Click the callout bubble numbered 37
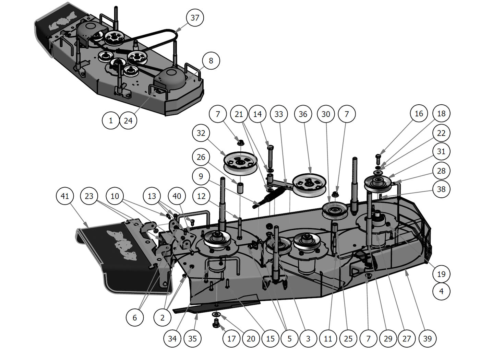pyautogui.click(x=195, y=18)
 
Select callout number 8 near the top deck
pyautogui.click(x=211, y=61)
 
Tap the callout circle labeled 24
pyautogui.click(x=128, y=121)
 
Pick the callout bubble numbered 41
pyautogui.click(x=65, y=196)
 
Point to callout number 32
pyautogui.click(x=201, y=133)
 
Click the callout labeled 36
pyautogui.click(x=303, y=114)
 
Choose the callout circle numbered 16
pyautogui.click(x=419, y=114)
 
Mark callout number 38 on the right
pyautogui.click(x=441, y=189)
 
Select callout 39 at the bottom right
pyautogui.click(x=427, y=339)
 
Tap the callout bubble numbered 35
pyautogui.click(x=193, y=339)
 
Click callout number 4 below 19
pyautogui.click(x=441, y=291)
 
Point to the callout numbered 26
pyautogui.click(x=201, y=157)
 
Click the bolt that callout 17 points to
pyautogui.click(x=216, y=323)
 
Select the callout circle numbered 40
pyautogui.click(x=177, y=196)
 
